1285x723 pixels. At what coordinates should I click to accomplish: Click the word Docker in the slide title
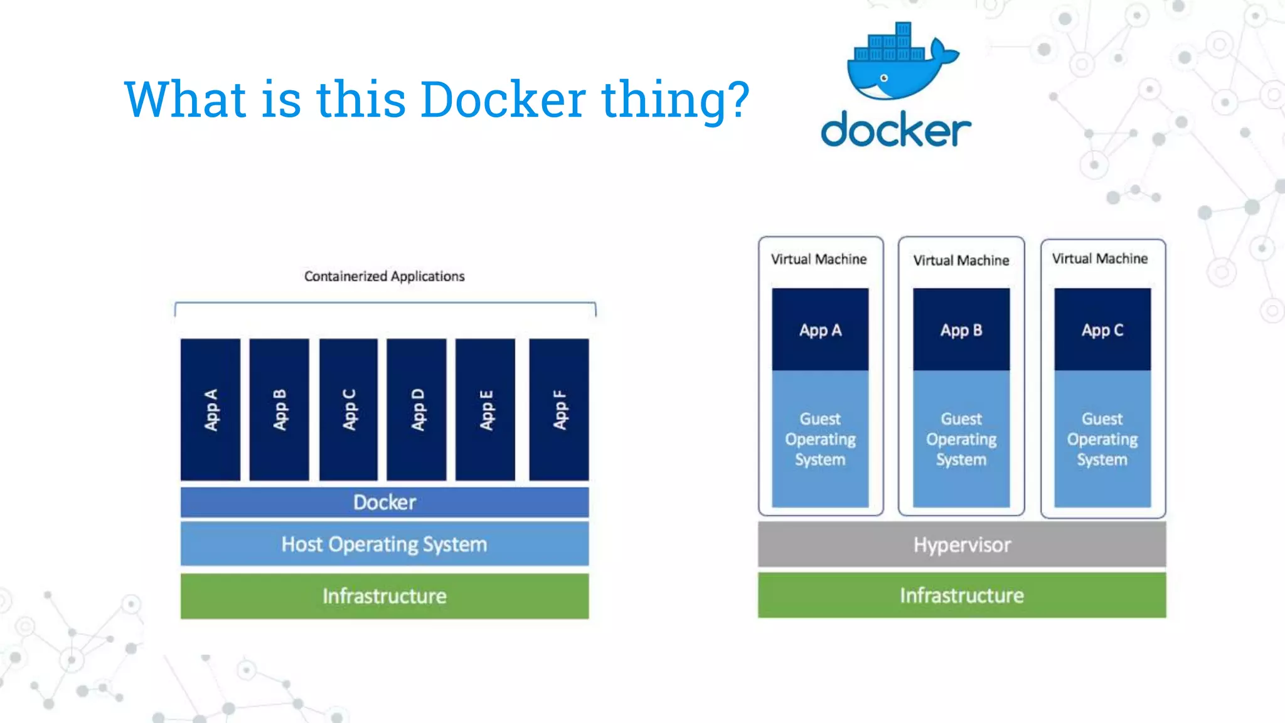point(503,100)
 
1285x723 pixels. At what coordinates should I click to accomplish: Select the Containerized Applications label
point(384,276)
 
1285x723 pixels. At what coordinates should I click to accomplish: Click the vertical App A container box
point(210,410)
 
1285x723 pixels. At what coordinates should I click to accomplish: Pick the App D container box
point(417,410)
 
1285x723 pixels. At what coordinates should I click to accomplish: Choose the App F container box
point(558,410)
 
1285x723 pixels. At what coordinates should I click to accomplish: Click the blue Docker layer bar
point(384,502)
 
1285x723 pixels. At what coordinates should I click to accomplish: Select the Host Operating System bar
point(384,544)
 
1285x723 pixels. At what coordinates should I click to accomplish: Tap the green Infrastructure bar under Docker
point(384,596)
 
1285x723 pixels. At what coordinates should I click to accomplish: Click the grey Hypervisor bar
point(961,545)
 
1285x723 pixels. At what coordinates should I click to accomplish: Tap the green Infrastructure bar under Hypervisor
point(961,595)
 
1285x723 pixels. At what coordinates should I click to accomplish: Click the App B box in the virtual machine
point(961,329)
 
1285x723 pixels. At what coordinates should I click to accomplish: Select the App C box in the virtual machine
point(1102,329)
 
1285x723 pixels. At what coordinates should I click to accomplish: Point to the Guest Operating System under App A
point(820,439)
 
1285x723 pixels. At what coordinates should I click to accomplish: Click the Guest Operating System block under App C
point(1102,439)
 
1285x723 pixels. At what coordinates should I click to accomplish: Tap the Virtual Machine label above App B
point(961,260)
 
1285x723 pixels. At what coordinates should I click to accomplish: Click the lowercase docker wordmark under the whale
point(896,130)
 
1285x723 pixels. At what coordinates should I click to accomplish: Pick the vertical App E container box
point(486,410)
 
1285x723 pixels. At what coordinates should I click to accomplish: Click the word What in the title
point(185,100)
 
